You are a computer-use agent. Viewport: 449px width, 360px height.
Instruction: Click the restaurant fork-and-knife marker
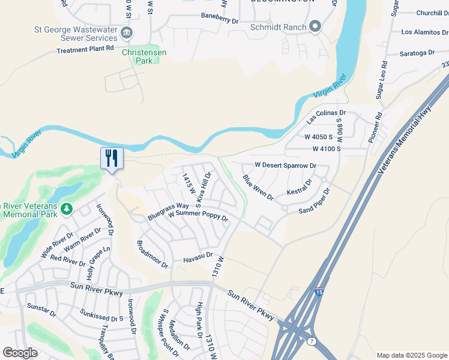point(112,158)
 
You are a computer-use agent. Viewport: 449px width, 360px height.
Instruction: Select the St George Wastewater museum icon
point(127,32)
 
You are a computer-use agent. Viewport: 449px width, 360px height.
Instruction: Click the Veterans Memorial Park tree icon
point(67,208)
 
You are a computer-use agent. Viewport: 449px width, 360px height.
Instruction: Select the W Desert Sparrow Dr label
point(285,165)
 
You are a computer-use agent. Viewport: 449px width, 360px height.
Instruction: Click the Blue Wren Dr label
point(258,187)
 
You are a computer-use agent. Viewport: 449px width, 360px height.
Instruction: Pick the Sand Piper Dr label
point(315,201)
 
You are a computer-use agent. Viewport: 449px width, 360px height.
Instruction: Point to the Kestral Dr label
point(300,187)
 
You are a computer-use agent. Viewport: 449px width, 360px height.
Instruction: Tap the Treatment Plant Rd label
point(85,50)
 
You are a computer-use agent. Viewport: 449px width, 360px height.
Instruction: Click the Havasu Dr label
point(198,256)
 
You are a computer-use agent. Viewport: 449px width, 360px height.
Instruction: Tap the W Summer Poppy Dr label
point(198,215)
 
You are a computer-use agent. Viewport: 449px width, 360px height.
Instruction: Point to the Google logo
point(20,353)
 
